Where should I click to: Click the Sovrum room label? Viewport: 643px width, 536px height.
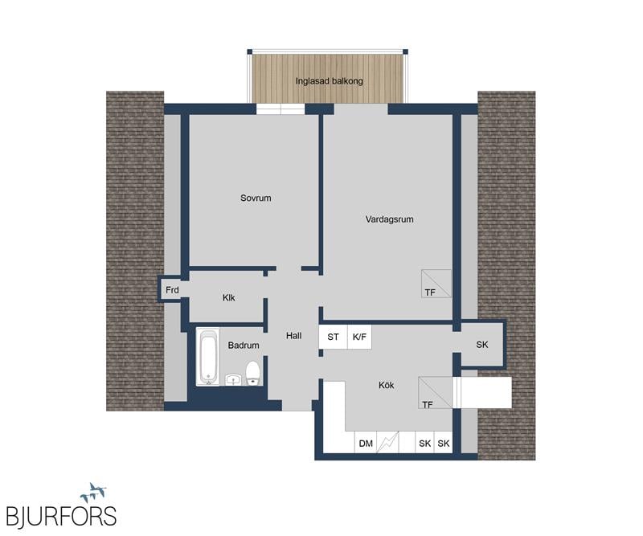coord(256,198)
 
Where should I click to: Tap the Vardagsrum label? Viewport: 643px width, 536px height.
coord(389,219)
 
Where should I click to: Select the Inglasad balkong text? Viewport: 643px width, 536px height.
coord(330,81)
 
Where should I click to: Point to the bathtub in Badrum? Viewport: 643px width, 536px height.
coord(208,357)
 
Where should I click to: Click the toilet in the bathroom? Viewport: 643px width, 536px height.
coord(252,373)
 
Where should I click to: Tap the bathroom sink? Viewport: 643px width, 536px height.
coord(234,379)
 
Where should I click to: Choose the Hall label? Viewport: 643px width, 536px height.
coord(293,336)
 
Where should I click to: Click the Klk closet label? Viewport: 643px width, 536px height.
coord(229,297)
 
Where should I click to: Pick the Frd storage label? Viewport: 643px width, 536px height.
coord(172,290)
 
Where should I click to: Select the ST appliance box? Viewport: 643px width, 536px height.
coord(334,337)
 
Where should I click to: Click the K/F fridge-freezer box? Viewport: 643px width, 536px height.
coord(359,337)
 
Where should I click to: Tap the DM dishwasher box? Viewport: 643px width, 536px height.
coord(366,444)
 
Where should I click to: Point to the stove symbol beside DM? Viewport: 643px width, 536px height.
coord(387,443)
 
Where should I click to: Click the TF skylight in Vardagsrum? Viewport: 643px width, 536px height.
coord(436,284)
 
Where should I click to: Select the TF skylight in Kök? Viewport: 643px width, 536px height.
coord(435,393)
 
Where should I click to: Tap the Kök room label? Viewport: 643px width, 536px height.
coord(387,386)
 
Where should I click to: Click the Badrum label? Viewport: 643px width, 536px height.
coord(244,346)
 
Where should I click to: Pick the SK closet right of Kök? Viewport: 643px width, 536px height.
coord(482,345)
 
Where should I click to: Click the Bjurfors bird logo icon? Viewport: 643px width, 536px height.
coord(94,493)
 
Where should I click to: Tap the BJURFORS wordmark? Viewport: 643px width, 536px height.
coord(62,516)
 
